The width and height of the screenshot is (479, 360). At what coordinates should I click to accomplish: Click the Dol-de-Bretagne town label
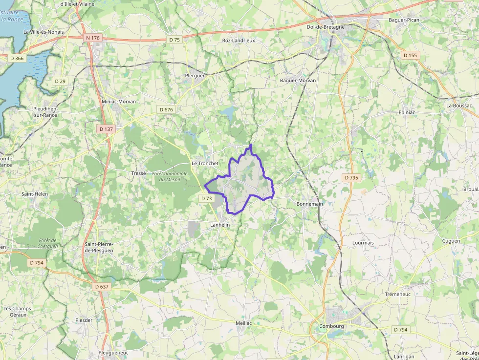coord(326,27)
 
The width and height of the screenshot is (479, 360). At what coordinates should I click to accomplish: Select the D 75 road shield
coord(174,40)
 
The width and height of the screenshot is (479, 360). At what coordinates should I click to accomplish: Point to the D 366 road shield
coord(17,58)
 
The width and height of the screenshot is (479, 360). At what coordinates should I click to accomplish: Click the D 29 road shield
coord(60,81)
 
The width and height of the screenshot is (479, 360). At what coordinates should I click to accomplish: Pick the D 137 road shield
coord(106,129)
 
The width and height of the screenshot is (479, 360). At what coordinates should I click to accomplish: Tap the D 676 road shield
coord(166,109)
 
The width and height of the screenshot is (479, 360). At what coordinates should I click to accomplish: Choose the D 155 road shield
coord(410,56)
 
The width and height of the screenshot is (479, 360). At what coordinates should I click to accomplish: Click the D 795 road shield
coord(351,178)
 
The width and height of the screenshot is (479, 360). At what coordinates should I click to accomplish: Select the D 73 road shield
coord(206,198)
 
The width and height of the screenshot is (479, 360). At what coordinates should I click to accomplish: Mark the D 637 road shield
coord(102,286)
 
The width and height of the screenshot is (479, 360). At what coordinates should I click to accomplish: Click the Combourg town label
coord(331,326)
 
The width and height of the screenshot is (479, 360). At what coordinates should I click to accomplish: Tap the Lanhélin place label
coord(219,225)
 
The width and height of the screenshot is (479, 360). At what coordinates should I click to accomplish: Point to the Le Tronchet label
coord(204,164)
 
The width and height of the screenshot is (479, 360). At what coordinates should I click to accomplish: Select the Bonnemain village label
coord(310,204)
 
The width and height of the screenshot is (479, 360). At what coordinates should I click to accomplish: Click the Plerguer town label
coord(195,76)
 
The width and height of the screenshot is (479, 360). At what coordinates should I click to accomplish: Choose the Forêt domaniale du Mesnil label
coord(170,176)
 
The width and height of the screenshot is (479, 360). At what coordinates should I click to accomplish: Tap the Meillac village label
coord(243,323)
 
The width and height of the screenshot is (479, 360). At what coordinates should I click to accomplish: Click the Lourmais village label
coord(363,242)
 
